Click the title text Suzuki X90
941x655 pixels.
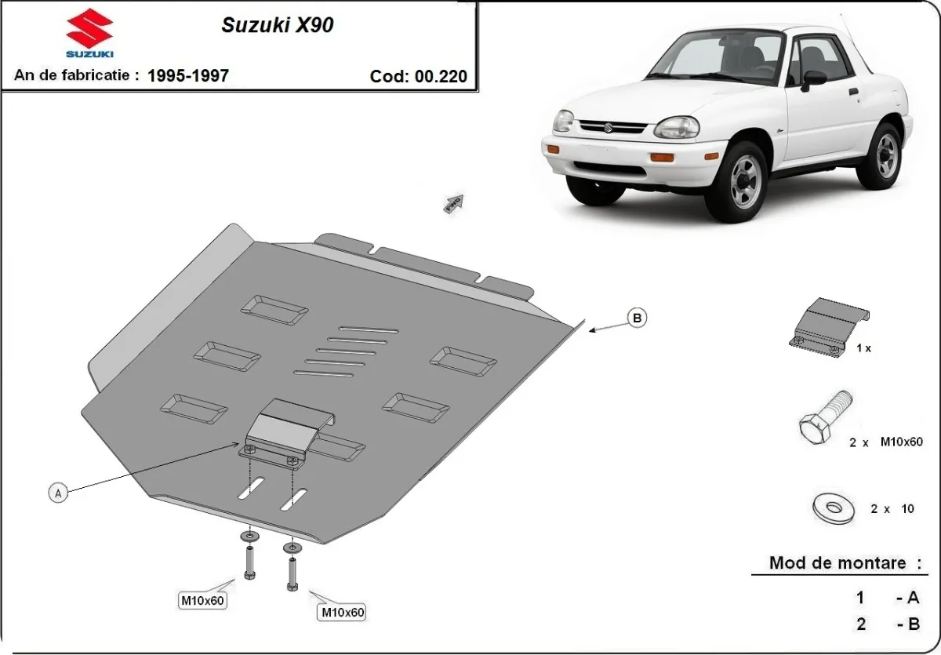coord(278,25)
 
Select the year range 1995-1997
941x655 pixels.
coord(188,75)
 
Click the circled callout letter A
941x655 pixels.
coord(56,493)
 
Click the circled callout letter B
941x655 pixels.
coord(637,318)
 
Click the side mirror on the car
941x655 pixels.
coord(813,78)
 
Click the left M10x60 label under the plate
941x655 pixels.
coord(203,601)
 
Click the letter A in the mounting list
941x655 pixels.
coord(912,598)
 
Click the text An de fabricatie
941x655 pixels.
coord(77,75)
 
